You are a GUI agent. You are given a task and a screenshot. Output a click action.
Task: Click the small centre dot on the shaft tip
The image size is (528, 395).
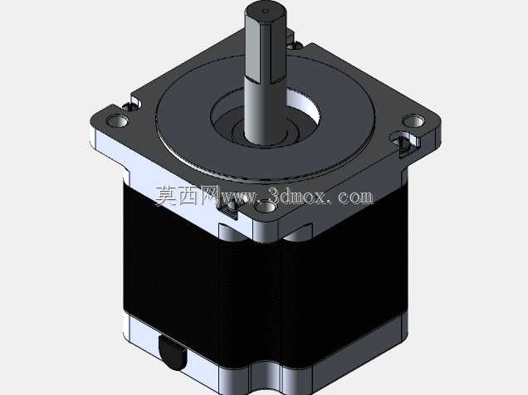click(266, 12)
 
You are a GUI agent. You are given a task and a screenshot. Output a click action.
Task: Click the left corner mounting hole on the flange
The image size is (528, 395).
click(117, 121)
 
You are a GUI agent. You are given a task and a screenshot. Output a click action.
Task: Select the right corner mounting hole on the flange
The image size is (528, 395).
click(413, 121)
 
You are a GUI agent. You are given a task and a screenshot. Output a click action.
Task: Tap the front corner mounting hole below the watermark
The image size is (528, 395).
click(265, 207)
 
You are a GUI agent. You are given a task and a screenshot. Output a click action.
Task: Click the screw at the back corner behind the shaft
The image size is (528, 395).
click(295, 44)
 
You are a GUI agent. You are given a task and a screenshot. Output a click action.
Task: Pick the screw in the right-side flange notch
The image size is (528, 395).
click(403, 143)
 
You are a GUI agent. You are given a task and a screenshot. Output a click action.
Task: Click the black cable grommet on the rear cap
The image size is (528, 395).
click(172, 354)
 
